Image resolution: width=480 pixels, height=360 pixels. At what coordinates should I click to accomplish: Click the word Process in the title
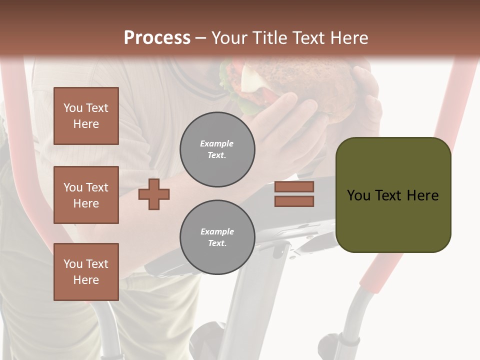[x=157, y=38]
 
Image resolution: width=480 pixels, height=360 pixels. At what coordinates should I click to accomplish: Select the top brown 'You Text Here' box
[x=86, y=116]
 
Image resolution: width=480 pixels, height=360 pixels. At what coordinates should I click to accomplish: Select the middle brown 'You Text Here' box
[x=86, y=195]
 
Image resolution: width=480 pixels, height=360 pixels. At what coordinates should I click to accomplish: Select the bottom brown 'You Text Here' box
[x=86, y=271]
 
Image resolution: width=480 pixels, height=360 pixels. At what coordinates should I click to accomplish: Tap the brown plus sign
[x=154, y=194]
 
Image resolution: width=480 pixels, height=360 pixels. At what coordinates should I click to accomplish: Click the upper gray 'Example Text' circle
[x=217, y=149]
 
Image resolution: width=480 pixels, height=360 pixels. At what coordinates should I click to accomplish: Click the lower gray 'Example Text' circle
[x=217, y=237]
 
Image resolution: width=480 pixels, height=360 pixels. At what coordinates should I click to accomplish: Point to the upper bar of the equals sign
[x=294, y=187]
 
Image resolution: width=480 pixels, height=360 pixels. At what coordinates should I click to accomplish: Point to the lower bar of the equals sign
[x=294, y=201]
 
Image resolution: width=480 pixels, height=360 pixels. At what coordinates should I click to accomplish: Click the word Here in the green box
[x=422, y=195]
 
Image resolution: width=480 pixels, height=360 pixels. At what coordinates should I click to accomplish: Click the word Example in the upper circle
[x=216, y=143]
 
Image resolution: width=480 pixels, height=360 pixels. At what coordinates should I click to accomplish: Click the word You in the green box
[x=358, y=195]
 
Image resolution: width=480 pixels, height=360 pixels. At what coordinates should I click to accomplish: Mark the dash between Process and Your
[x=200, y=38]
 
